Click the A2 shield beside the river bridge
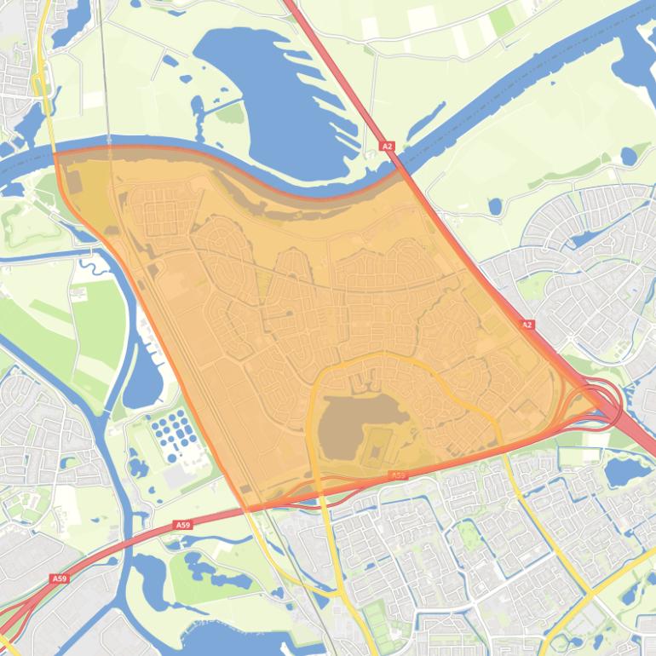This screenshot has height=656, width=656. [388, 147]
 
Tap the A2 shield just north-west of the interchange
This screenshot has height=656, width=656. [527, 325]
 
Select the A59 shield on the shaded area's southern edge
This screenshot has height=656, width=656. [397, 475]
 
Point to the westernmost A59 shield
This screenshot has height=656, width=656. [58, 578]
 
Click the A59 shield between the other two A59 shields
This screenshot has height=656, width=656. [183, 526]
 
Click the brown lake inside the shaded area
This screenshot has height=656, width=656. [349, 426]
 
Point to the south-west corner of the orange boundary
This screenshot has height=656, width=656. [248, 509]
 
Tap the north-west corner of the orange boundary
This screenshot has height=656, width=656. [55, 154]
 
